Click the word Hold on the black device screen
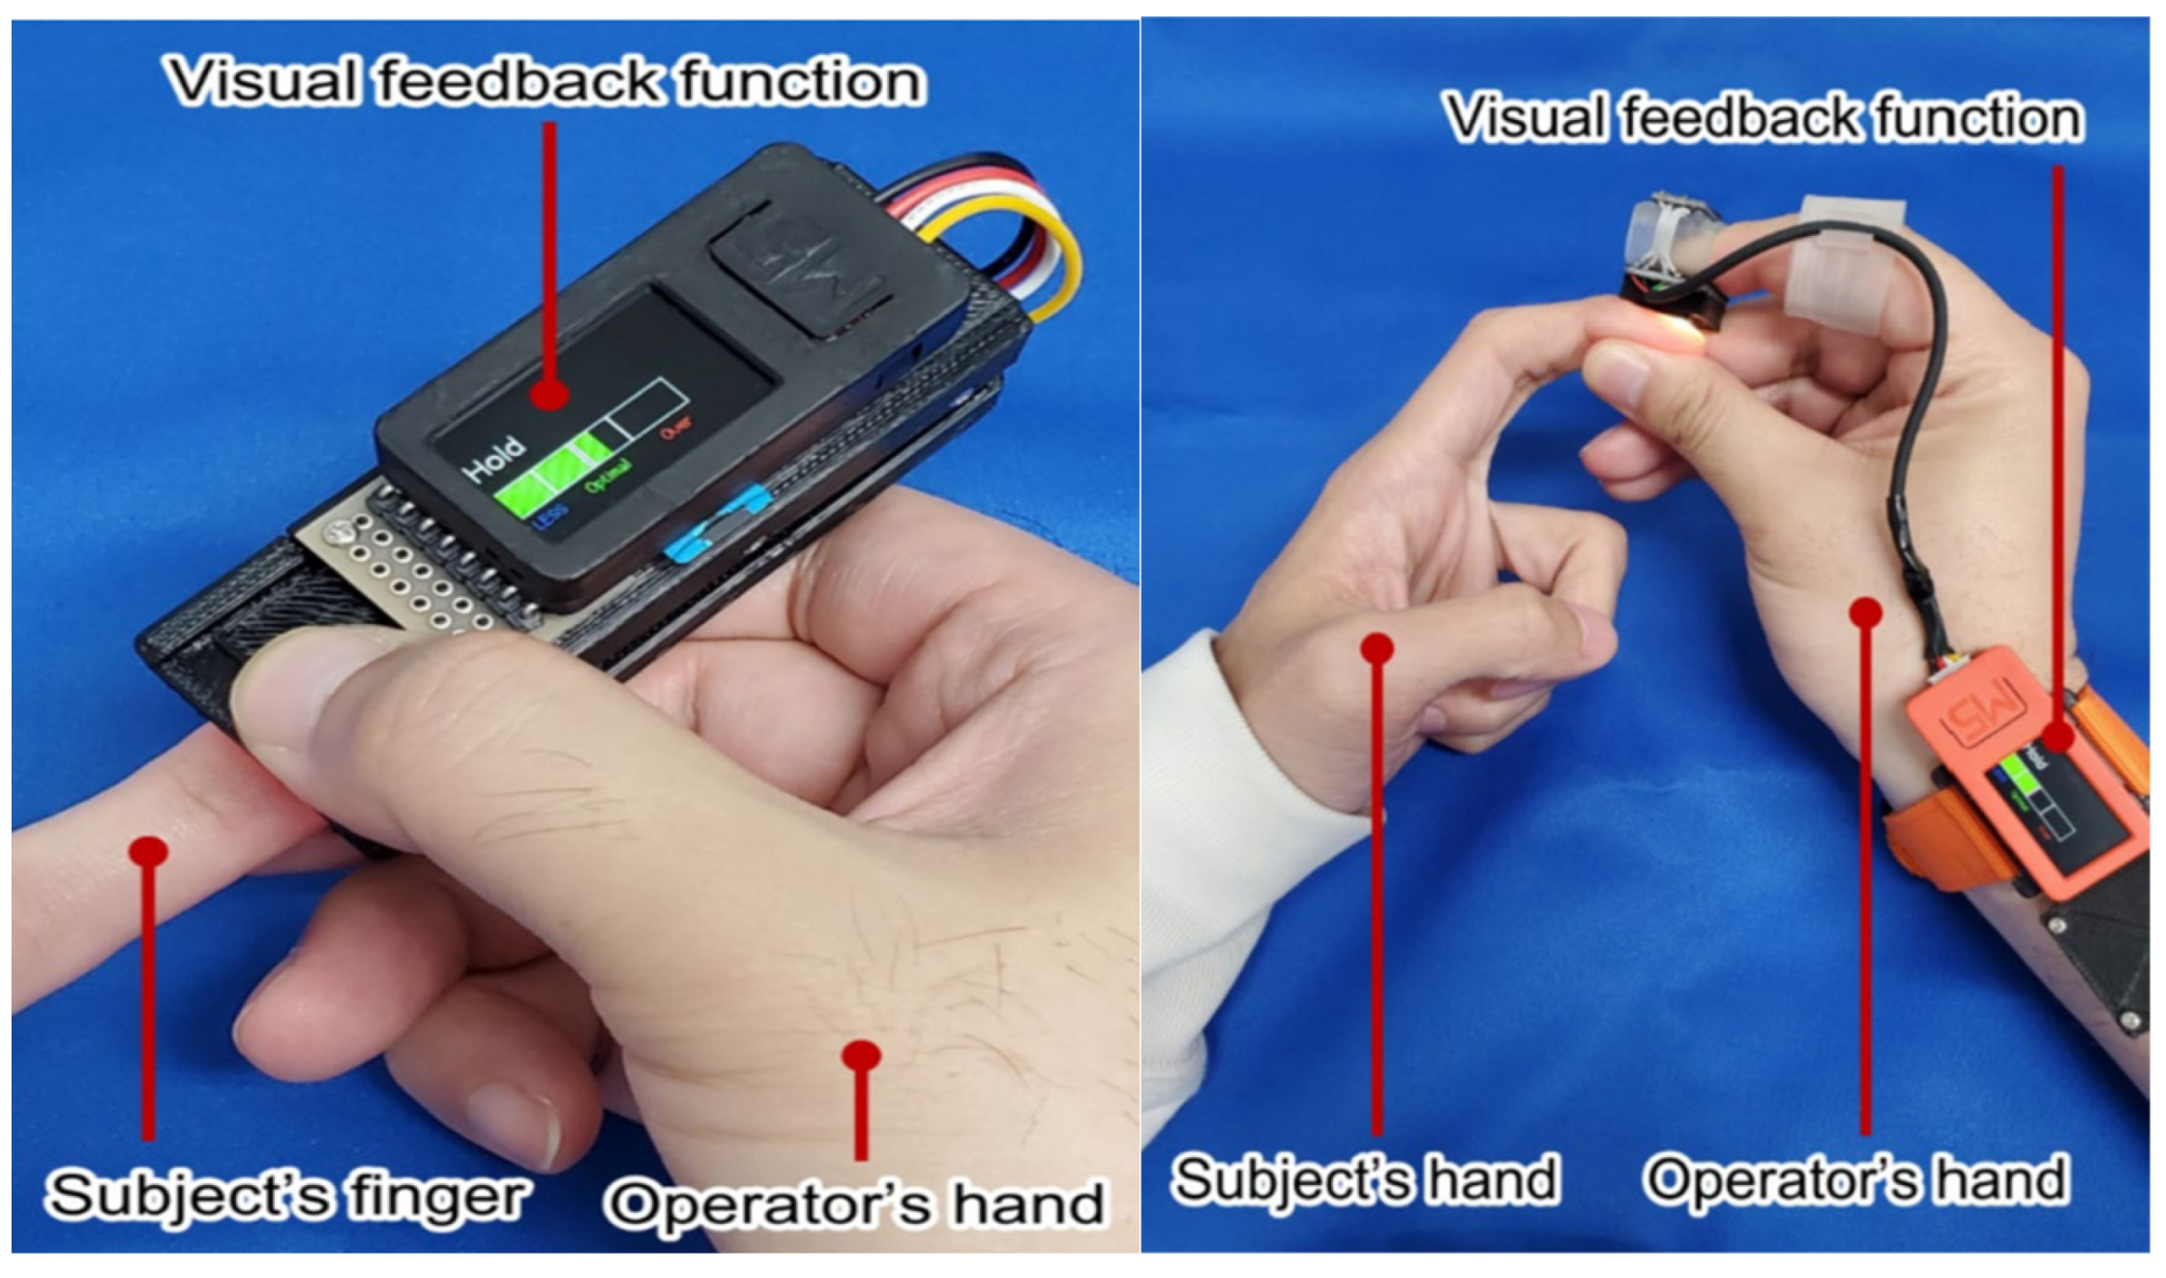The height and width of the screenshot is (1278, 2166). [494, 459]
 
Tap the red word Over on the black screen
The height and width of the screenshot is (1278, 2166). [676, 427]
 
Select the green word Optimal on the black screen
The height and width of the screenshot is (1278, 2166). [608, 475]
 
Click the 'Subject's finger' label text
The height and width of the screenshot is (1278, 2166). [286, 1195]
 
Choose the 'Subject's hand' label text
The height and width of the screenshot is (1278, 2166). [1365, 1179]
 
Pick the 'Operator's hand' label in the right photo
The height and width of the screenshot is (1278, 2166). [1856, 1181]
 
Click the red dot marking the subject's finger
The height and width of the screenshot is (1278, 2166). [148, 851]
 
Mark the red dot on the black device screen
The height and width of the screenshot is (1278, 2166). [549, 394]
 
